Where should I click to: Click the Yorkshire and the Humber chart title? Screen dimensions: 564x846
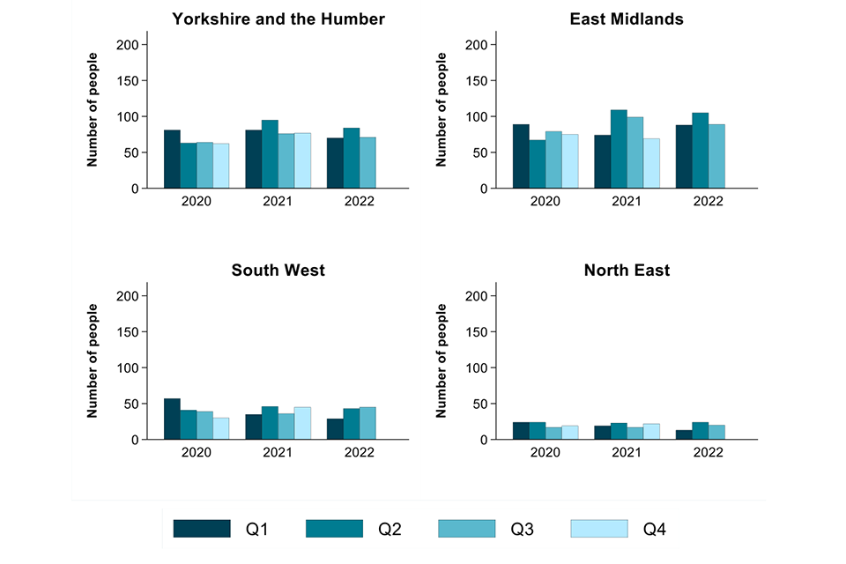pyautogui.click(x=278, y=19)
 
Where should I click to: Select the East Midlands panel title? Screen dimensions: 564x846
pyautogui.click(x=627, y=19)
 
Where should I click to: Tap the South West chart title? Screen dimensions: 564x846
pyautogui.click(x=278, y=270)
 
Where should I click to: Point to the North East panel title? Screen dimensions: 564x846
pyautogui.click(x=627, y=270)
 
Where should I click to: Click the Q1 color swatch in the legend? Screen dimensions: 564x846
pyautogui.click(x=202, y=529)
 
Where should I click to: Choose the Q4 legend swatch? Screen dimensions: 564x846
pyautogui.click(x=598, y=529)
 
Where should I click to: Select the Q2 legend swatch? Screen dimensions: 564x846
pyautogui.click(x=334, y=529)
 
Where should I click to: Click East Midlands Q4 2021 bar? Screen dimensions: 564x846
pyautogui.click(x=651, y=163)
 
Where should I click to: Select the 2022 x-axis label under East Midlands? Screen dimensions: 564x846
pyautogui.click(x=709, y=201)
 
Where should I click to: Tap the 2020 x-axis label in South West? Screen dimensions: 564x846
pyautogui.click(x=197, y=452)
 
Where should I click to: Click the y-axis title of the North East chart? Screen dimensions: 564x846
pyautogui.click(x=443, y=360)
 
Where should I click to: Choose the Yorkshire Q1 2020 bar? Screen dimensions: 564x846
pyautogui.click(x=172, y=159)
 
